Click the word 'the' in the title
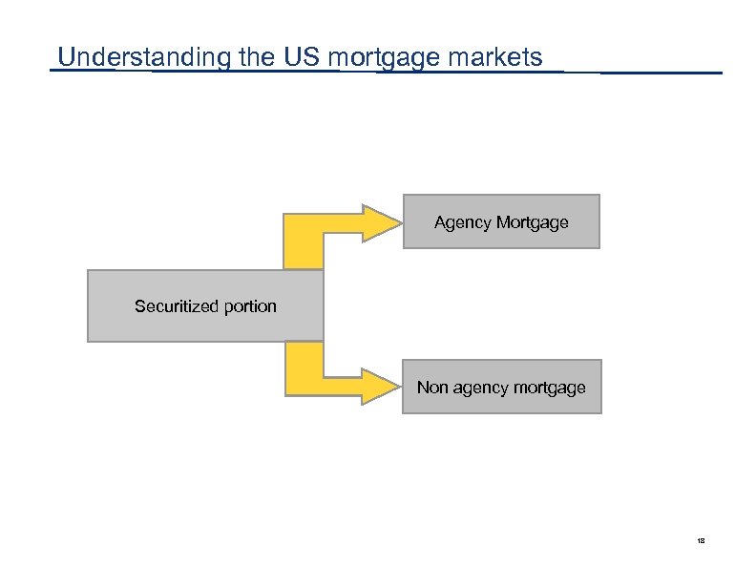pos(257,57)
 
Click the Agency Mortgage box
pos(501,221)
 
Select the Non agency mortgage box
pos(501,387)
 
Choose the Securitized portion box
pos(205,306)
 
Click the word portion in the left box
pos(250,306)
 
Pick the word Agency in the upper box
pos(463,223)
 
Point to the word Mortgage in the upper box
pos(533,223)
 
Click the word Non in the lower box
pos(430,388)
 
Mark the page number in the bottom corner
pos(701,541)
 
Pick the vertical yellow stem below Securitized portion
pos(304,365)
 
